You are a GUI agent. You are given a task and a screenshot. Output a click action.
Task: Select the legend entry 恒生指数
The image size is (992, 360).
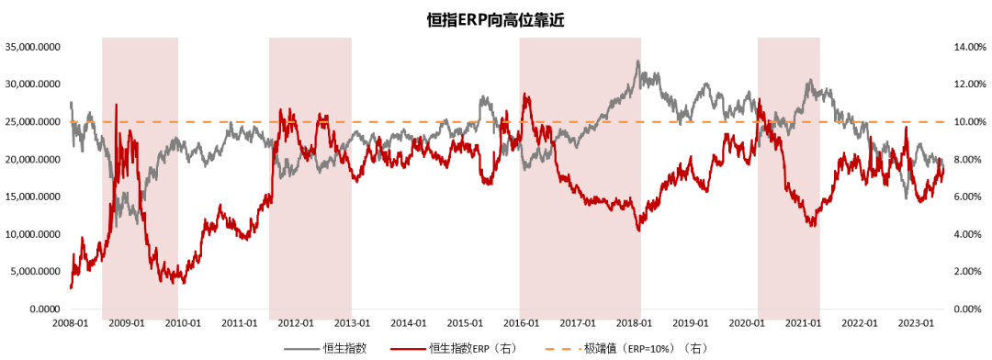pos(345,348)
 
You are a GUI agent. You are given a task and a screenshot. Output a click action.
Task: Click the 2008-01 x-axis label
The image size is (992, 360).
pos(70,323)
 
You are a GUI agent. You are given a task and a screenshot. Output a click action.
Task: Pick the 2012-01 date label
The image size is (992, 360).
pos(296,323)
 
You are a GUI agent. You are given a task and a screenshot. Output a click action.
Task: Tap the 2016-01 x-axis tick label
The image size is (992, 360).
pos(522,323)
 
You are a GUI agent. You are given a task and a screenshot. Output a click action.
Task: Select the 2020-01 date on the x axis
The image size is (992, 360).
pos(747,323)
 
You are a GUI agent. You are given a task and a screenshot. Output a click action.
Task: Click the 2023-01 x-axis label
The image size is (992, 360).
pos(917,323)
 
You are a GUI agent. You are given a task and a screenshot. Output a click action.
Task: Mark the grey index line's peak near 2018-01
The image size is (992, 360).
pos(637,62)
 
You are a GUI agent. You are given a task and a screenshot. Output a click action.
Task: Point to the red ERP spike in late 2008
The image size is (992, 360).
pos(116,106)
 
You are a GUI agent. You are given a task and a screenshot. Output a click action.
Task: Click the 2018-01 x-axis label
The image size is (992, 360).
pos(635,323)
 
